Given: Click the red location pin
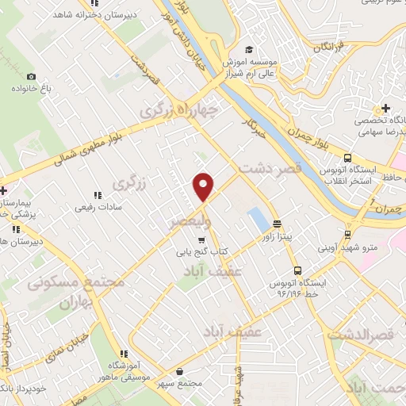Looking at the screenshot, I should pyautogui.click(x=205, y=186).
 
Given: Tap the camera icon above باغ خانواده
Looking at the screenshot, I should pyautogui.click(x=31, y=76).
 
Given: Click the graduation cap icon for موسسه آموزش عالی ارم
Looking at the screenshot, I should pyautogui.click(x=250, y=48).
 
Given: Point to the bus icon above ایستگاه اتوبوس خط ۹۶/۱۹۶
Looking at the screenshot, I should pyautogui.click(x=297, y=271).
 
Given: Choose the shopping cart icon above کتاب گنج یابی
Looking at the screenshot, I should pyautogui.click(x=201, y=239).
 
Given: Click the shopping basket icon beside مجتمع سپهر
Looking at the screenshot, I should pyautogui.click(x=182, y=371).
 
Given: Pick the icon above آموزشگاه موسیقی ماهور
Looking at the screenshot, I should pyautogui.click(x=124, y=354).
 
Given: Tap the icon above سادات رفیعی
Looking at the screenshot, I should pyautogui.click(x=98, y=194).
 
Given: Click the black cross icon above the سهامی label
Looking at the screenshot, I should pyautogui.click(x=385, y=108).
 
